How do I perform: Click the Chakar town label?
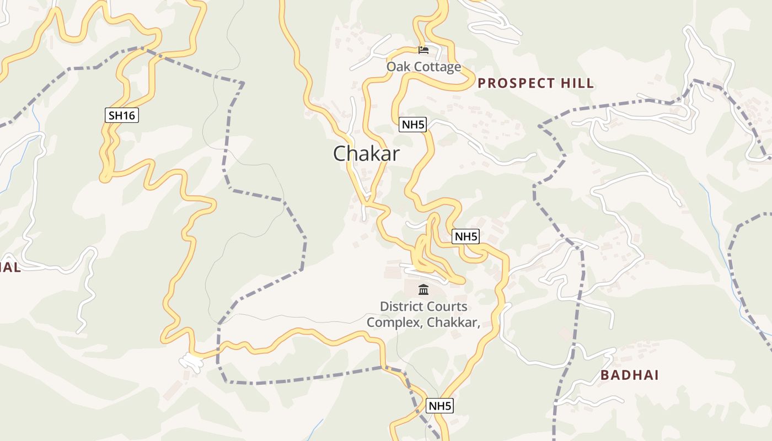coord(366,154)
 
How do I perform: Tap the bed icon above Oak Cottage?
coord(423,50)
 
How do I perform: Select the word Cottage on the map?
coord(438,67)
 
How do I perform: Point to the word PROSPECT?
coord(517,83)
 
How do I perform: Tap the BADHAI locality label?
coord(629,375)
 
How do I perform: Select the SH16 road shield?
coord(121,115)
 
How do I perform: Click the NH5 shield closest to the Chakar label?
coord(413,125)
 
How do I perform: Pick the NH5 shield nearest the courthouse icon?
coord(465,237)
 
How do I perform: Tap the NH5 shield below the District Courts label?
coord(440,406)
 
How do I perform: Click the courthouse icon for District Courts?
coord(423,289)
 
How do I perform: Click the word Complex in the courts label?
coord(393,322)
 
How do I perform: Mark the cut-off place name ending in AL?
coord(9,267)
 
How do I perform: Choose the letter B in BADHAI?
coord(605,375)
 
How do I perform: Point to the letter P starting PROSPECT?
coord(482,83)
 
